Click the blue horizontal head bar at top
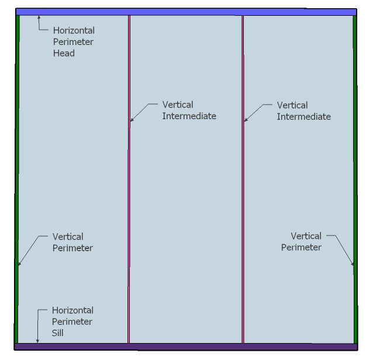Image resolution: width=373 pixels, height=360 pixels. (x=186, y=12)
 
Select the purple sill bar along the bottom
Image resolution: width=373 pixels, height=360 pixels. (x=186, y=347)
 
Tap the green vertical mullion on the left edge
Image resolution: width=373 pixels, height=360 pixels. (x=17, y=175)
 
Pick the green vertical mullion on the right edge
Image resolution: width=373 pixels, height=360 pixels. (x=354, y=175)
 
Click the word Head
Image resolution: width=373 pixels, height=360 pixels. (x=64, y=53)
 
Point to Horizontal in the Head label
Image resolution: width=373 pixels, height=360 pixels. (x=74, y=30)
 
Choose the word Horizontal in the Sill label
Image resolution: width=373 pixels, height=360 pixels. (x=72, y=310)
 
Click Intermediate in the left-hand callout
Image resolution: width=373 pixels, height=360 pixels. (x=189, y=116)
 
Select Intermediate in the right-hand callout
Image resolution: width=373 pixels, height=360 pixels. (x=304, y=116)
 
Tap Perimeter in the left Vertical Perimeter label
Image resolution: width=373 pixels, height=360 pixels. (x=72, y=248)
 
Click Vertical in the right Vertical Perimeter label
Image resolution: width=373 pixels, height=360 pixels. (x=306, y=236)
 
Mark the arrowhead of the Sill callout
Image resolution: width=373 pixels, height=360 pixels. (x=38, y=341)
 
